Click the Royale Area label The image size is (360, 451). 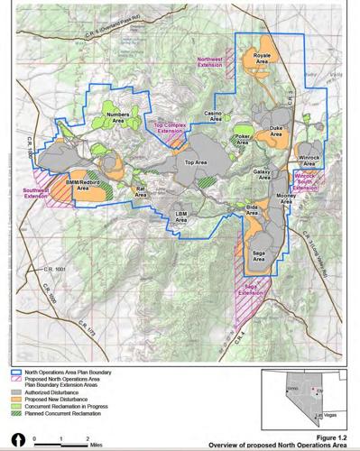click(262, 60)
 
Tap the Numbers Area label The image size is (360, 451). click(118, 117)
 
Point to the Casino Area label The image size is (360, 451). click(215, 115)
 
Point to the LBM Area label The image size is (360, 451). click(180, 217)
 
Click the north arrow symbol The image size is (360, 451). click(13, 439)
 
